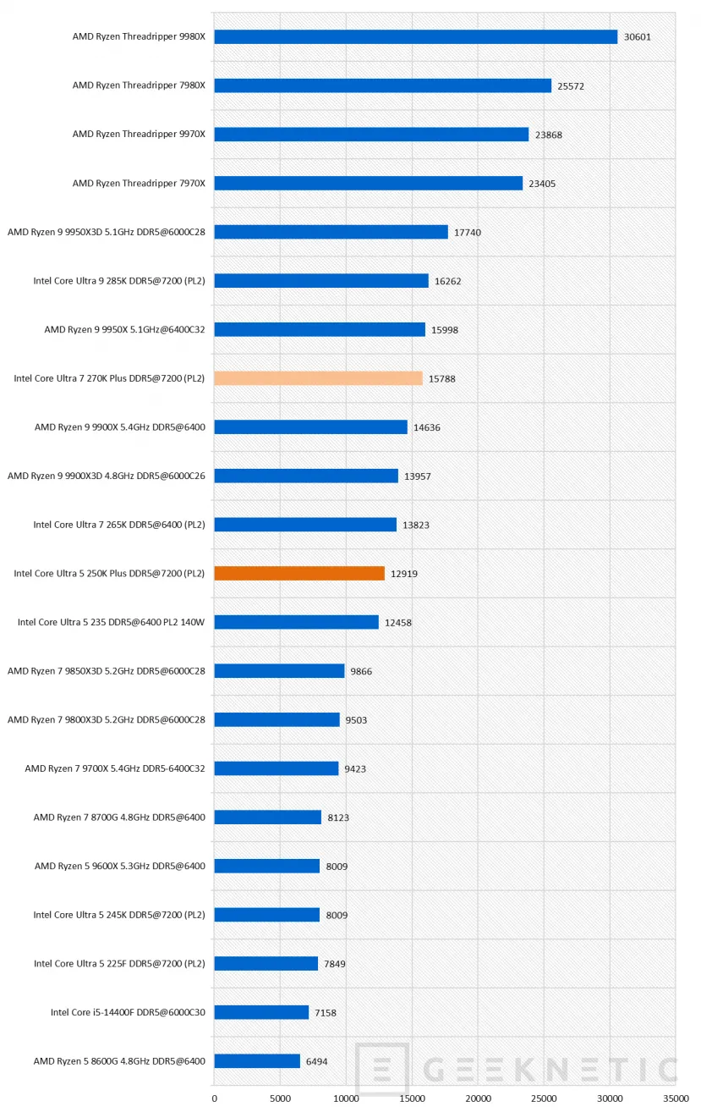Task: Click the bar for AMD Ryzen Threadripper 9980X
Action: (x=415, y=37)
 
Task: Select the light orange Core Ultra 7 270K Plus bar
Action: (x=318, y=378)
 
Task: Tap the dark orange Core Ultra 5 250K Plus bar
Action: (x=299, y=573)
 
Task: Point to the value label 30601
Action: (x=637, y=37)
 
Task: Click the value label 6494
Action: (x=320, y=1061)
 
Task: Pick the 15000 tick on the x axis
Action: (x=412, y=1098)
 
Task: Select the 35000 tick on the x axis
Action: (x=675, y=1098)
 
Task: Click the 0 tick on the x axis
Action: (x=214, y=1098)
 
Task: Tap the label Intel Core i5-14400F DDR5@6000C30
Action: (x=128, y=1012)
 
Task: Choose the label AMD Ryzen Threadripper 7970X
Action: (x=139, y=183)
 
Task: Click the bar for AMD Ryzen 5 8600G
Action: (x=257, y=1060)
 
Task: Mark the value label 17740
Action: (x=467, y=232)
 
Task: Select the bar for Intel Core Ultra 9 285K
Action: (x=321, y=281)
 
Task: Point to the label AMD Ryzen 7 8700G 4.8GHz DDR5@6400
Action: (x=119, y=817)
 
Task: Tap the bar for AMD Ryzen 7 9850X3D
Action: (x=279, y=670)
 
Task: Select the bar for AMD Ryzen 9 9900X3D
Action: (x=306, y=476)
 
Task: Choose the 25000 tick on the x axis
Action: (x=544, y=1098)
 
